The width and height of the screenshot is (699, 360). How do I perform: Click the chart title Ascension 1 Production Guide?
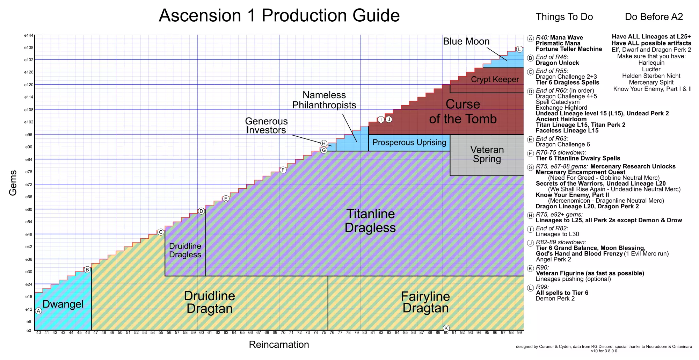coord(279,16)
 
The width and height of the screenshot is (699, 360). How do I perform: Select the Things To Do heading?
coord(564,17)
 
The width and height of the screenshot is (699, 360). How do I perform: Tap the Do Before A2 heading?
coord(654,17)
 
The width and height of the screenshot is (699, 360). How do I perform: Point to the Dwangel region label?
coord(63,304)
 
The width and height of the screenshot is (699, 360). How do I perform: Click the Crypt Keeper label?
coord(495,79)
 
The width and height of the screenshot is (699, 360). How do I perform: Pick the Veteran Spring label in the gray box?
coord(487,154)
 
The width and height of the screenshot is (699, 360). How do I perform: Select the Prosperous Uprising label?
coord(409,143)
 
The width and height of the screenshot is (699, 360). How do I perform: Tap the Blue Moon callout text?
coord(466,41)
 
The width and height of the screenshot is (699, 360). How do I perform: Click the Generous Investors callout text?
coord(266,125)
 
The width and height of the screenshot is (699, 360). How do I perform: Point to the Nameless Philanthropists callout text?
coord(324,100)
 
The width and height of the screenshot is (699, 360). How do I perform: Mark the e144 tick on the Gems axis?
coord(29,36)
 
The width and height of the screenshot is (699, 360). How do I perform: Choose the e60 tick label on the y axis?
coord(29,210)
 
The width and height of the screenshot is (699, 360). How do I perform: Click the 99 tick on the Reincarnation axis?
coord(519,333)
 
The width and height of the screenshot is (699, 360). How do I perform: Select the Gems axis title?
coord(13,183)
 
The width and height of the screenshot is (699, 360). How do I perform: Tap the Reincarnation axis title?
coord(279,345)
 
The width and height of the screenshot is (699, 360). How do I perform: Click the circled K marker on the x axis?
coord(446,328)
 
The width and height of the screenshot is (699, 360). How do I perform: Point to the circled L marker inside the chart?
coord(519,49)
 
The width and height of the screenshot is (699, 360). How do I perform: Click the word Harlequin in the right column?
coord(651,63)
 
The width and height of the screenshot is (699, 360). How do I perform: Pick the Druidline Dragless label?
coord(185,250)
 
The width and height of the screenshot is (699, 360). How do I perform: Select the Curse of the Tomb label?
coord(463,111)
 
